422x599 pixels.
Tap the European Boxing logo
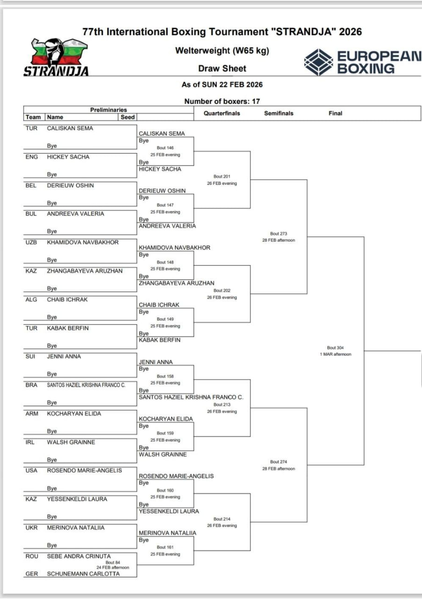362,62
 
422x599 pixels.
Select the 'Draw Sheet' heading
222,68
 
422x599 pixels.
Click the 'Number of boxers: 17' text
222,101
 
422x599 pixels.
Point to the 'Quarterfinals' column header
222,113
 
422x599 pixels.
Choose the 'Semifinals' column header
279,113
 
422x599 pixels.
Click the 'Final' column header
336,113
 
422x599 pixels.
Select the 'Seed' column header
128,117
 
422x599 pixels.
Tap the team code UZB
31,242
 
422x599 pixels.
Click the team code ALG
31,299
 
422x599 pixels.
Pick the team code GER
31,574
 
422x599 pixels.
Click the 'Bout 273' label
278,234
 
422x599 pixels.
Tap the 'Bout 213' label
222,405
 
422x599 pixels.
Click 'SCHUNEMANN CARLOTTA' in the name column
83,574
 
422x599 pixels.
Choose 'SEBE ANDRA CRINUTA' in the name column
79,556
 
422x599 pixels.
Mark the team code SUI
31,357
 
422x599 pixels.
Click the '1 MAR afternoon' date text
335,354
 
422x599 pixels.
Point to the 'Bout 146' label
165,148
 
